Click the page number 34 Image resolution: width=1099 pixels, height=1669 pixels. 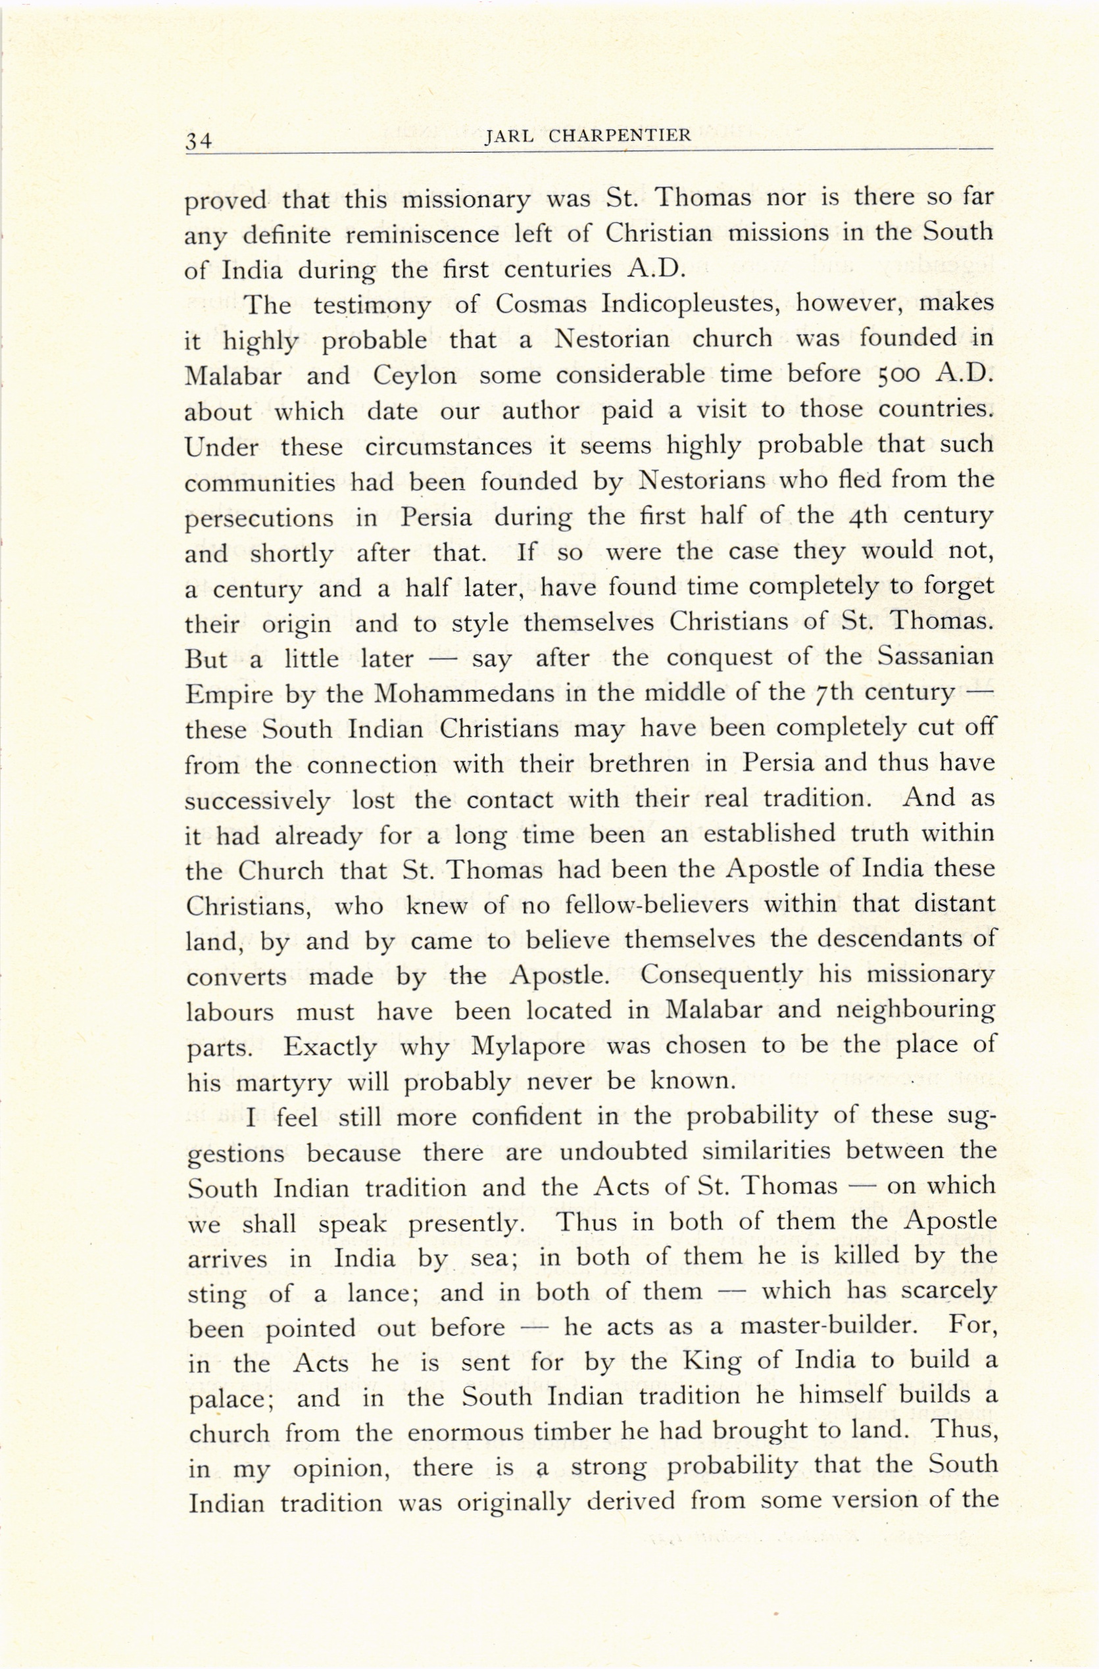coord(199,140)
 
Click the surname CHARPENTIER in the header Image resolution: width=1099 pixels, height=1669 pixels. coord(620,136)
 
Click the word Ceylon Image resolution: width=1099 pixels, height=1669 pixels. coord(414,375)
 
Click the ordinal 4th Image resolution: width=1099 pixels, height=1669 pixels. coord(867,516)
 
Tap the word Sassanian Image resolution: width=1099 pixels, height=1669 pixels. coord(936,657)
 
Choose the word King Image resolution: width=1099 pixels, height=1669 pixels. coord(712,1363)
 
